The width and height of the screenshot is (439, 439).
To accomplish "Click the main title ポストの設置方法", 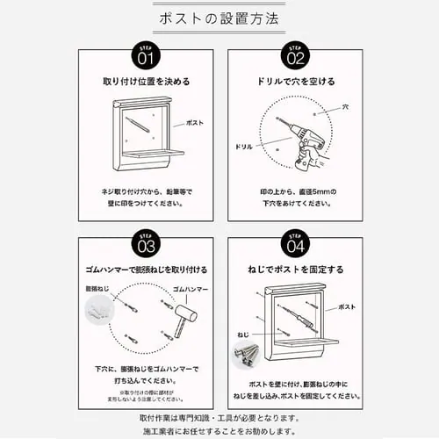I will pos(219,18).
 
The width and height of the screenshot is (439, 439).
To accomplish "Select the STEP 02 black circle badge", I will pos(294,55).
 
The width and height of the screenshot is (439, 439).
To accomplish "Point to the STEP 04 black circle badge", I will pos(294,241).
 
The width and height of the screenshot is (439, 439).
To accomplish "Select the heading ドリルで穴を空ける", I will pos(294,82).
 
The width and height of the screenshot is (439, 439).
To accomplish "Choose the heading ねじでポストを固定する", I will pos(294,269).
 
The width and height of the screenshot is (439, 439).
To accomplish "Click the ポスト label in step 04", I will pos(348,306).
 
